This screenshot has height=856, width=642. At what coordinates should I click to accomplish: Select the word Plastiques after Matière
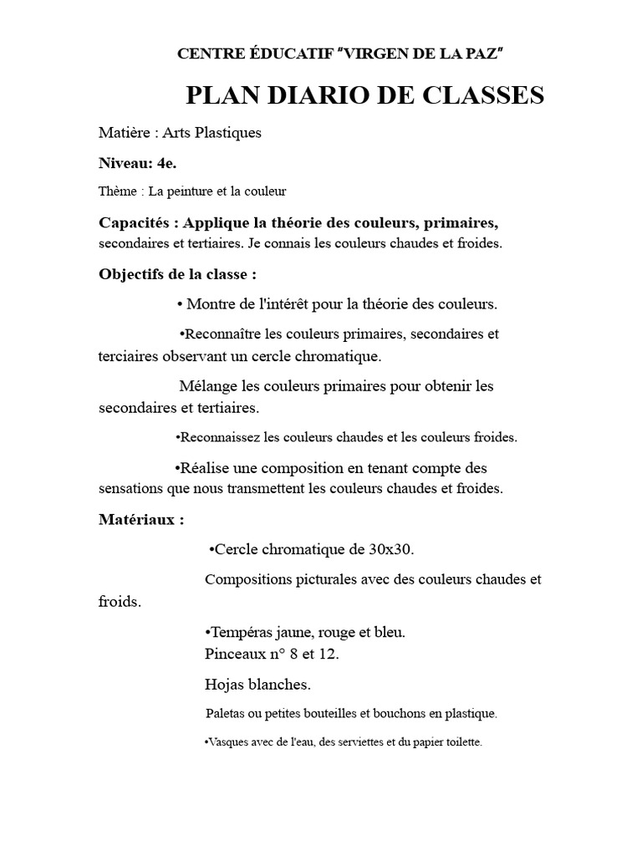[x=226, y=134]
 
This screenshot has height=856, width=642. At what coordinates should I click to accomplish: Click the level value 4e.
[x=166, y=163]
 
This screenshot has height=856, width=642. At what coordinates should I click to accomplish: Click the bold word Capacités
[x=135, y=223]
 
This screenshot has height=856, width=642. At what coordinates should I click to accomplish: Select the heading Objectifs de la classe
[x=177, y=274]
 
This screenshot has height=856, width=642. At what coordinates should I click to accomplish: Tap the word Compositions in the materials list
[x=247, y=579]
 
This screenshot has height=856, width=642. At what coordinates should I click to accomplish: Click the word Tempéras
[x=237, y=633]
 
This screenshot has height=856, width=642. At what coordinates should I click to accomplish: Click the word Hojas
[x=223, y=685]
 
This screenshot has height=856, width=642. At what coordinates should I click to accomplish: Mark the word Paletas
[x=226, y=714]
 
